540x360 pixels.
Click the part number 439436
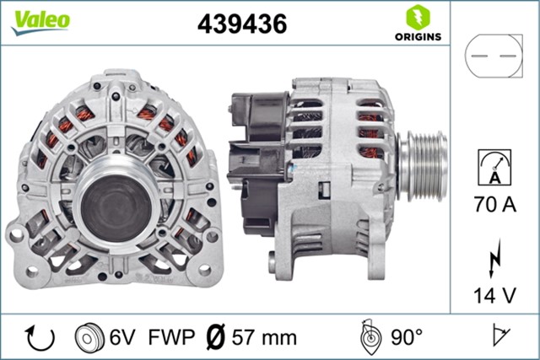click(x=241, y=24)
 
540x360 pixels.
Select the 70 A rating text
click(x=494, y=203)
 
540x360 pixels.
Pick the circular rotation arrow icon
click(x=40, y=337)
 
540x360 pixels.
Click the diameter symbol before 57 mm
click(x=215, y=338)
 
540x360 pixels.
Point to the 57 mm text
click(x=263, y=338)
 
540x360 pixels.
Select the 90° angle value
click(x=406, y=338)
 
